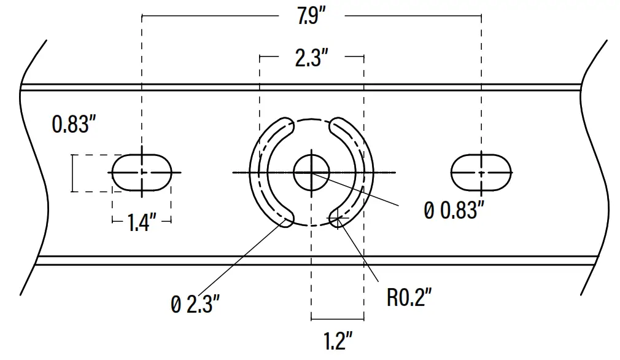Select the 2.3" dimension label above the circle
coord(311,59)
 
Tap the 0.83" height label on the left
coord(74,125)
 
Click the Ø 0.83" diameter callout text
coord(451,210)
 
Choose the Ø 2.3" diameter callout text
coord(195,304)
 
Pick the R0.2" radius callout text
coord(409,298)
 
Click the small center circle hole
coord(311,173)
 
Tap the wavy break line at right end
coord(595,172)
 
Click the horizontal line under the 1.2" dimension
coord(338,319)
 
